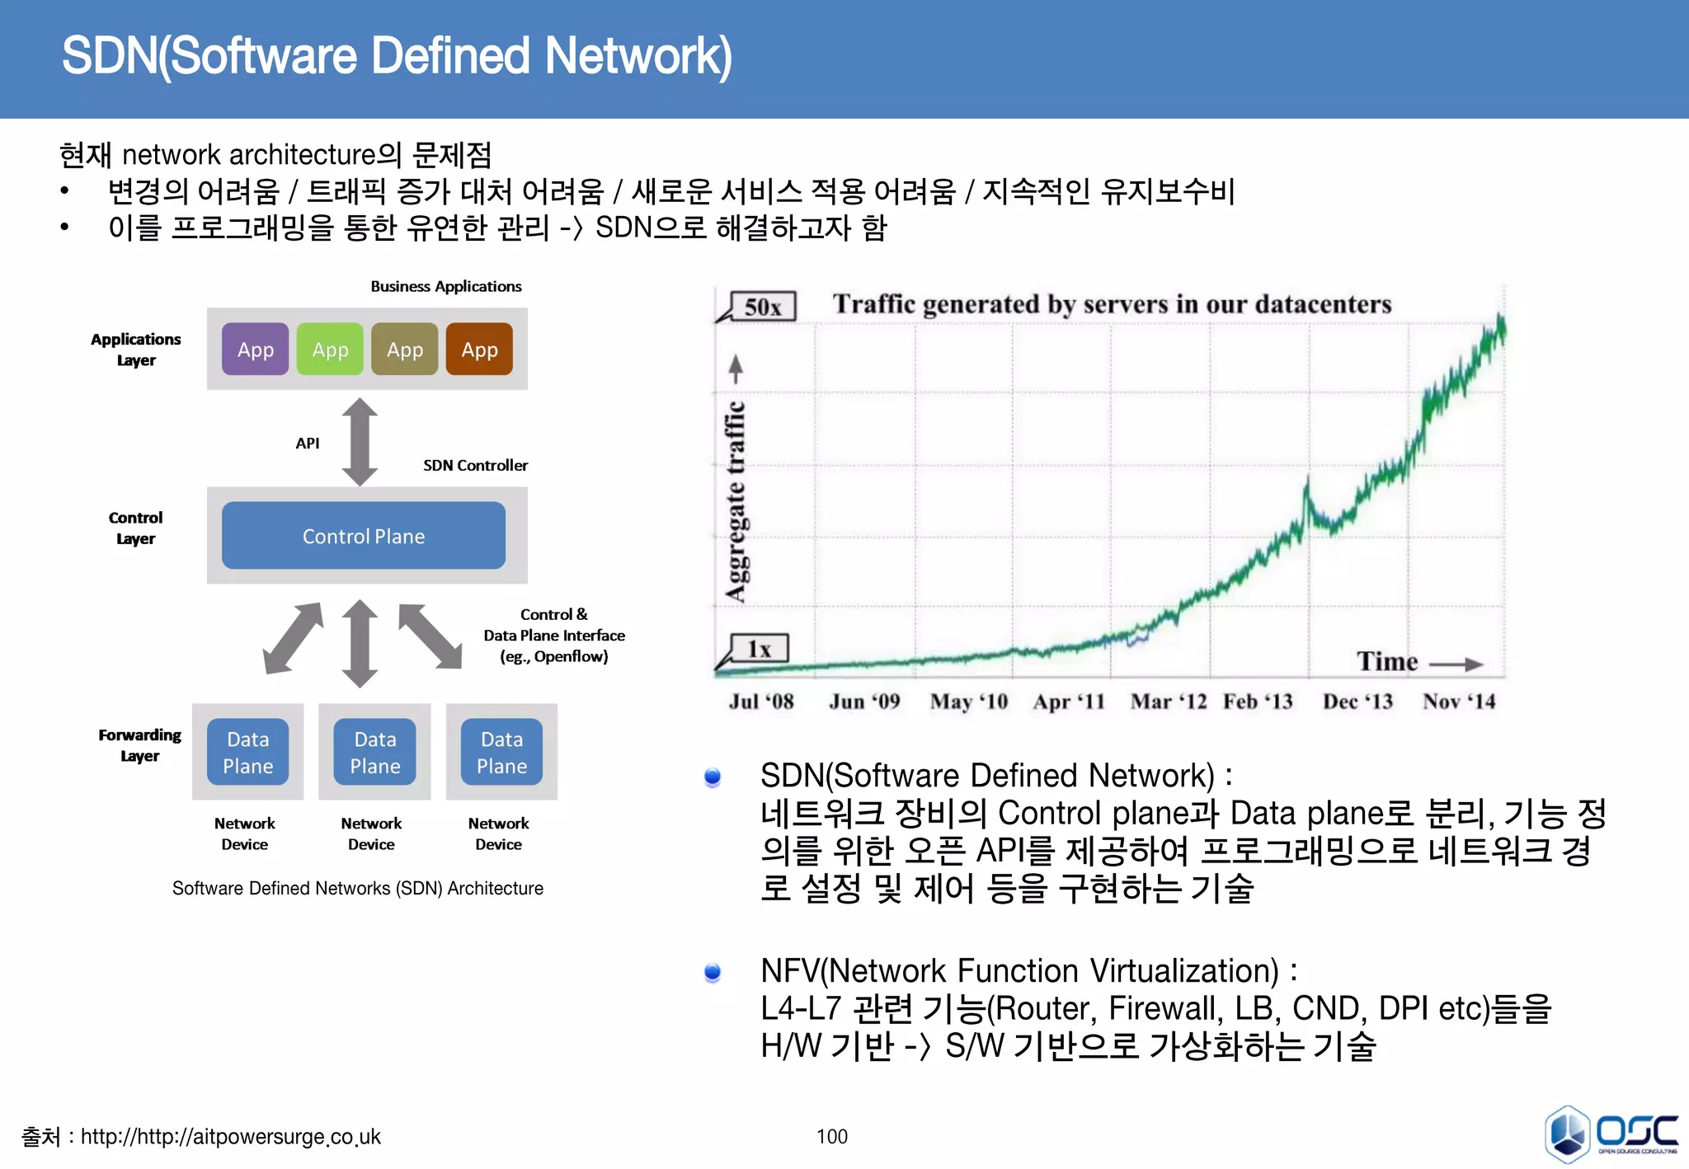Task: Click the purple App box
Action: coord(255,350)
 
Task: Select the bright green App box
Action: coord(330,350)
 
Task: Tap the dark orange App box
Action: coord(479,350)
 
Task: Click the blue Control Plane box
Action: coord(364,536)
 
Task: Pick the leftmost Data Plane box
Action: coord(247,752)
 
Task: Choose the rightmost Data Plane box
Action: coord(501,752)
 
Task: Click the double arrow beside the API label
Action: coord(360,443)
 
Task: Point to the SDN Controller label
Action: coord(475,465)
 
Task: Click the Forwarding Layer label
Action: coord(139,744)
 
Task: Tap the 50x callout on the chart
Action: coord(763,307)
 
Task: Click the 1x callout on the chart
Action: coord(760,649)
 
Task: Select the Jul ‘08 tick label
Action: coord(761,702)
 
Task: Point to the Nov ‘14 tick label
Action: coord(1459,702)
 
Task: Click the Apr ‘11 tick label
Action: coord(1069,702)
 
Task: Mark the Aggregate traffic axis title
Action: coord(736,501)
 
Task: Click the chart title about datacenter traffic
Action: coord(1112,304)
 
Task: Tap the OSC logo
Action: coord(1610,1134)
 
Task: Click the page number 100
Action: coord(831,1136)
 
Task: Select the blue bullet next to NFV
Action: coord(713,973)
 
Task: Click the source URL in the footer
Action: coord(231,1137)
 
